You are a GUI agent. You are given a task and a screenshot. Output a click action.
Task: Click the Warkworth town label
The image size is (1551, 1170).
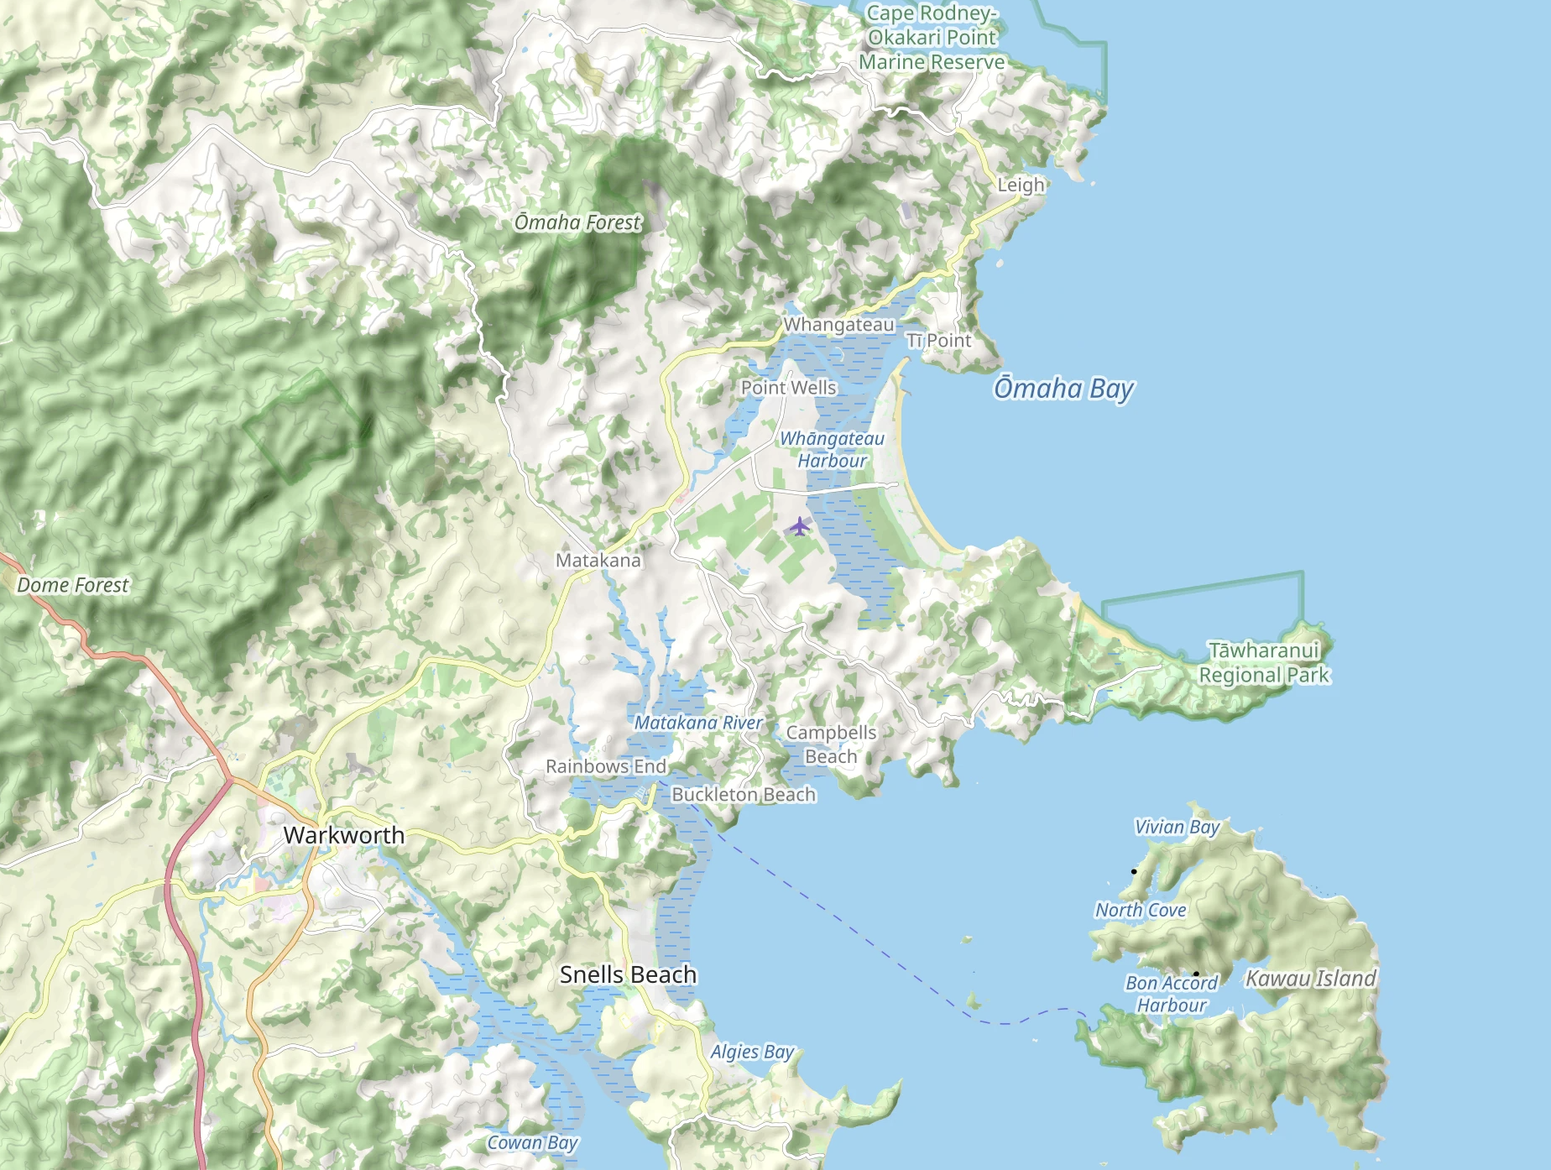(x=343, y=835)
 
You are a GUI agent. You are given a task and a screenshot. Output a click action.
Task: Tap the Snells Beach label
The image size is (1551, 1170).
(x=628, y=974)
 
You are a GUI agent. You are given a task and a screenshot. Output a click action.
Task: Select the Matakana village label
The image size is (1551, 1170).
(x=598, y=560)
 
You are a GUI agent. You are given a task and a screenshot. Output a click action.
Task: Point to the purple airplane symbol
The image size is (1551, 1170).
(x=799, y=526)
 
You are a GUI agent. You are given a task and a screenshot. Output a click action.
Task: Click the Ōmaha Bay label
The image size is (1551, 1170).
(x=1063, y=389)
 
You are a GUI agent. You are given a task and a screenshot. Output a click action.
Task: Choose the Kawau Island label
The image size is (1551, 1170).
(x=1310, y=979)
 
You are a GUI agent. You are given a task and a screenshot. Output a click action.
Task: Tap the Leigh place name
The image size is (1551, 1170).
(x=1021, y=185)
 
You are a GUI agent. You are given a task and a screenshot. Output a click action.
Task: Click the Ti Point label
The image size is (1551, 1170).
(x=938, y=341)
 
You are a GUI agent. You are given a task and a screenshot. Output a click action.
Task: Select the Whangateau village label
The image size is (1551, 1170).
(x=838, y=325)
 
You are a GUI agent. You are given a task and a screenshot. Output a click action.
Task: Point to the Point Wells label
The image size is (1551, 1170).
(x=788, y=388)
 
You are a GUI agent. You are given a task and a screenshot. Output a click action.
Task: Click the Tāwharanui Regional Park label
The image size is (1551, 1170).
(x=1264, y=662)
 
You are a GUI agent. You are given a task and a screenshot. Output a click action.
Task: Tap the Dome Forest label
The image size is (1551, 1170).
(x=73, y=585)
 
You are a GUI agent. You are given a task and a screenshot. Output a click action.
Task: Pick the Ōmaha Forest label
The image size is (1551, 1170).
(x=577, y=222)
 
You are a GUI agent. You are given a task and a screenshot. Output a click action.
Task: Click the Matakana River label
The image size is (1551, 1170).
(x=698, y=723)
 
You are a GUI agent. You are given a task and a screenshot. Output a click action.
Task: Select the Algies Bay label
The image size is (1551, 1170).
(x=752, y=1052)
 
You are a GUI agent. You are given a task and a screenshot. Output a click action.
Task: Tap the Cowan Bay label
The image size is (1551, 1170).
(x=532, y=1142)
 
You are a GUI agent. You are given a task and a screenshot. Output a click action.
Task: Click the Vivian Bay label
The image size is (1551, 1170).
(x=1177, y=827)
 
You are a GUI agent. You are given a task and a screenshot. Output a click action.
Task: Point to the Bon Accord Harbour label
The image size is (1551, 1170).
(x=1171, y=994)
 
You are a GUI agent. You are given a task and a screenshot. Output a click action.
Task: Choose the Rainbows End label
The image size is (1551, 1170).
(x=606, y=766)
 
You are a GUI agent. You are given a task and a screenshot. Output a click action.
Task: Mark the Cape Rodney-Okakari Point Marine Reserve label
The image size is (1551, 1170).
(x=932, y=38)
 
